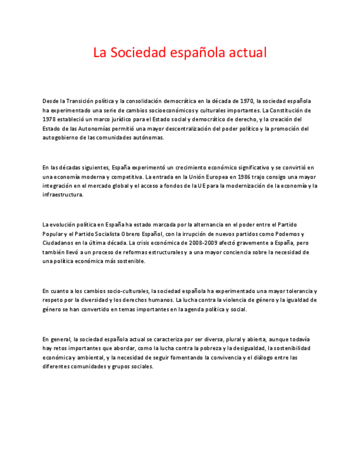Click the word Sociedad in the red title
136,53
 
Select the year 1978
49,119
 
